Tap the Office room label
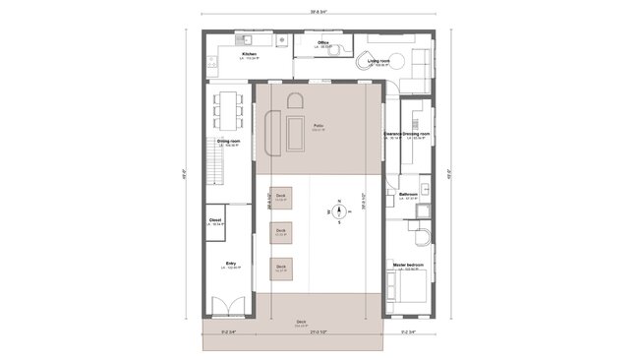(x=322, y=43)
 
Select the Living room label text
(x=379, y=61)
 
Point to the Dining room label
(x=229, y=142)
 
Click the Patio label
(x=319, y=127)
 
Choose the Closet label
(x=215, y=220)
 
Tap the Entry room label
(x=231, y=264)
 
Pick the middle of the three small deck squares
(x=281, y=233)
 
